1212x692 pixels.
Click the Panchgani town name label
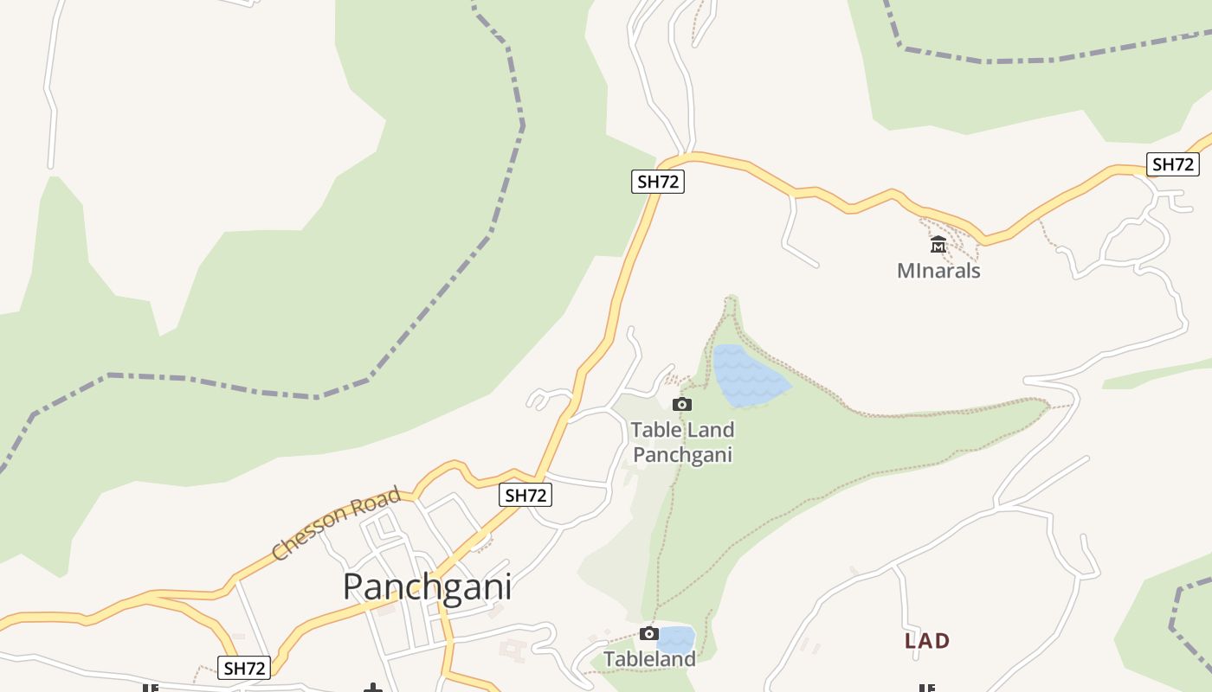click(x=427, y=586)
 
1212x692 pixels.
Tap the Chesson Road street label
click(x=336, y=523)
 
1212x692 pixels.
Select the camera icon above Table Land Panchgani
click(x=682, y=404)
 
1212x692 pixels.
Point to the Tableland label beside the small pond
click(x=649, y=659)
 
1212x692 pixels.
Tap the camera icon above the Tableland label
click(x=648, y=634)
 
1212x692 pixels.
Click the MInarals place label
click(x=938, y=271)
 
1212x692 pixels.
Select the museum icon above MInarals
click(x=938, y=246)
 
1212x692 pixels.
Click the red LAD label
click(x=927, y=641)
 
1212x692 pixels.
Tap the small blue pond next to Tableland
click(x=676, y=640)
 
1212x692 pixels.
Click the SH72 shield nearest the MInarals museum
click(x=1173, y=164)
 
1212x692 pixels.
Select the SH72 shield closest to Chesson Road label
click(x=525, y=495)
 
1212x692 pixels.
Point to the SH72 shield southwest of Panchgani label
click(x=244, y=668)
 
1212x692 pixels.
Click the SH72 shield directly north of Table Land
click(x=658, y=181)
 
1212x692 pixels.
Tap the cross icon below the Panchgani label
click(x=373, y=688)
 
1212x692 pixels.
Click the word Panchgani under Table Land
click(x=683, y=455)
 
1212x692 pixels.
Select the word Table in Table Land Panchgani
click(x=655, y=430)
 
